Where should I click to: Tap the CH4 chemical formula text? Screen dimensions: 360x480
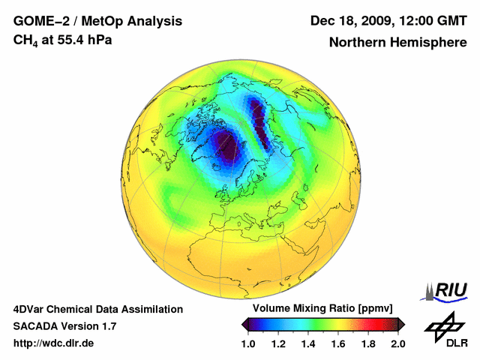[x=25, y=40]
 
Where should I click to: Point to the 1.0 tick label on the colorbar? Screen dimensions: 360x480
[x=249, y=343]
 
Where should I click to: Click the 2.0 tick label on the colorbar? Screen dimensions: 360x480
[x=397, y=343]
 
